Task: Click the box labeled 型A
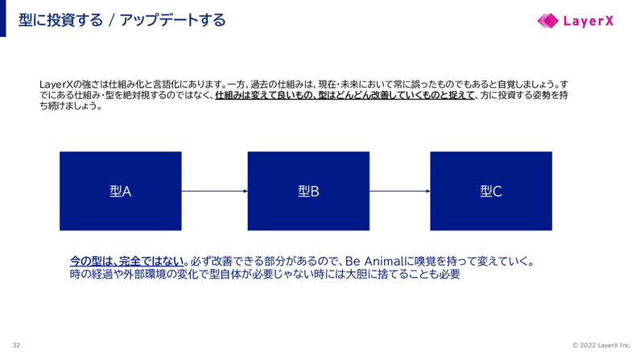click(x=120, y=191)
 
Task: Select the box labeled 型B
click(x=308, y=191)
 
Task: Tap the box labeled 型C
click(x=491, y=191)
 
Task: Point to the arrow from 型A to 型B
click(x=214, y=191)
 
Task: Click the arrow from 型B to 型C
click(x=400, y=191)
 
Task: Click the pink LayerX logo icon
click(x=548, y=21)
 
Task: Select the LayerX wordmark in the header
click(x=588, y=21)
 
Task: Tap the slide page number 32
click(x=16, y=346)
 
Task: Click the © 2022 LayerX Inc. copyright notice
click(x=601, y=346)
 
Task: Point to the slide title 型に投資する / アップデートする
click(x=122, y=20)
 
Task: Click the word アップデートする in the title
click(x=173, y=20)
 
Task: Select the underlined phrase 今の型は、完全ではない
click(x=126, y=261)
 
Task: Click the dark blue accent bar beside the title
click(x=3, y=18)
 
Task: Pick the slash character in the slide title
click(x=111, y=20)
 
